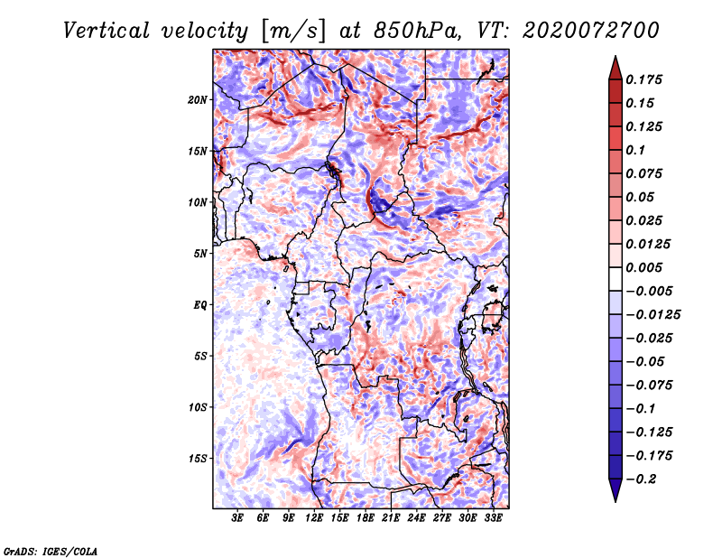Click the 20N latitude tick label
point(198,100)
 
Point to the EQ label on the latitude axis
point(200,305)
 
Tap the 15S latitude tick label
point(198,459)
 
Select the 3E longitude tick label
point(237,518)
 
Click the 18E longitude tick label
point(366,518)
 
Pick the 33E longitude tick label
point(493,518)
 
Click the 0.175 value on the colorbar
point(643,79)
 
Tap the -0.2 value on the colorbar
point(641,479)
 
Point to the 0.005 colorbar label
point(643,267)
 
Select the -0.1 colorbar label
point(641,409)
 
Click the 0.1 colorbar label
point(635,150)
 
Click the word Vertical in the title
point(106,31)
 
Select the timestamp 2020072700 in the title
point(591,31)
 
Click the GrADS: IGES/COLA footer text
point(51,551)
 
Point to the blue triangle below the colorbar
point(616,488)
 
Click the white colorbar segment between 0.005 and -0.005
point(616,279)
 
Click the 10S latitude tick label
point(198,407)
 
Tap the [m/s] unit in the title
point(293,31)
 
